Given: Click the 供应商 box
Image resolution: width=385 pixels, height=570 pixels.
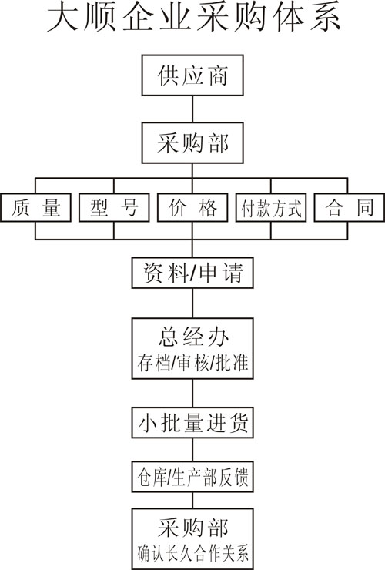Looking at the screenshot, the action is coord(192,75).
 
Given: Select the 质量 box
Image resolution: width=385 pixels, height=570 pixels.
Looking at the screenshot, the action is coord(35,207).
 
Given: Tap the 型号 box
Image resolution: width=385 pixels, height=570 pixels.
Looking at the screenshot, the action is coord(114,207).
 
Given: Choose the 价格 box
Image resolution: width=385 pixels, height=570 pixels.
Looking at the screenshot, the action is coord(192,207).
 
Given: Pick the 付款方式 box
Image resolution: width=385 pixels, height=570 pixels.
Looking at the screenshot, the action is coord(271,207).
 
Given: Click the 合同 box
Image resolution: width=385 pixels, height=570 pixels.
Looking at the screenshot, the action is coord(349,207).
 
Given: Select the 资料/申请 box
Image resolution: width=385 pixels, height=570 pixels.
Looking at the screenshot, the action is coord(192,273).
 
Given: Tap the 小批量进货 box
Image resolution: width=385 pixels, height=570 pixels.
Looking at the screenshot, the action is coord(192,423).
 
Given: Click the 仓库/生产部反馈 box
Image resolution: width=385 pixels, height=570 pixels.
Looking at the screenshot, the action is coord(192,477).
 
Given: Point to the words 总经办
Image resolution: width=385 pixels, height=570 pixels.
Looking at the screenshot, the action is coord(193,337).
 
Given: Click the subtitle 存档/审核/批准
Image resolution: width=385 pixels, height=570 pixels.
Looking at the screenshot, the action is coord(192,362).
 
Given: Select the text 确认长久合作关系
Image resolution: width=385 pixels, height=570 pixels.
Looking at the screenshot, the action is coord(192,553).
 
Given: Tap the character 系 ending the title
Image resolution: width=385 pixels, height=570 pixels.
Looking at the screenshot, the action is coord(325,18).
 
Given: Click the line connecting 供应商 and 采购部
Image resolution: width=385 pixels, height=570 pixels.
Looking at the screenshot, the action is coord(192,109).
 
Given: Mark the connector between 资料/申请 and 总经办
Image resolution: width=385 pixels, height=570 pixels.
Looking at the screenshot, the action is coord(192,303).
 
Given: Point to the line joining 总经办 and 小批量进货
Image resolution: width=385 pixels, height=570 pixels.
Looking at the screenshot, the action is coord(192,394).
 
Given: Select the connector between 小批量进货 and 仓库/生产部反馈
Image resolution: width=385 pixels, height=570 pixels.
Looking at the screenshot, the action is coord(192,450).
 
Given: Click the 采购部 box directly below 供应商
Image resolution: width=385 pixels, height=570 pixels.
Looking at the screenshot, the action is coord(192,142).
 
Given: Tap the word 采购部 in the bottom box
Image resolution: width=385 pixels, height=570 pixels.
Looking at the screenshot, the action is coord(193,528).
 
